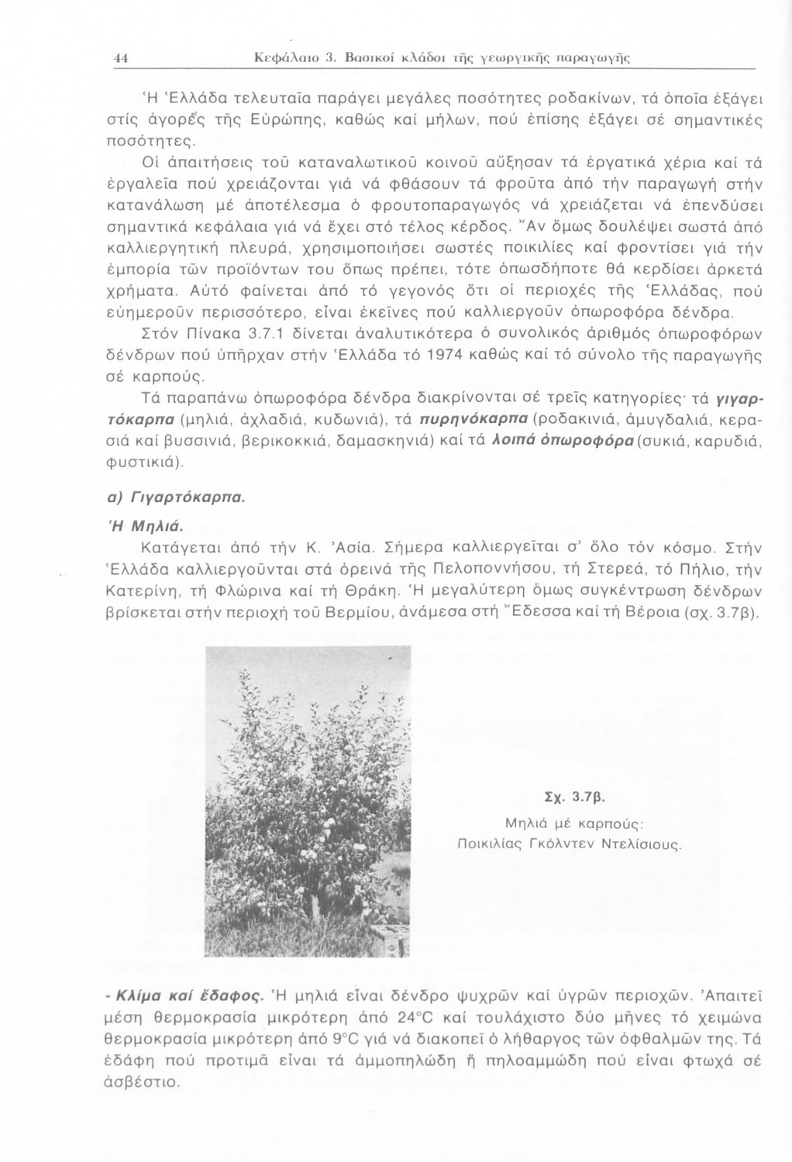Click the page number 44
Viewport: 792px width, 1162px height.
[x=119, y=57]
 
